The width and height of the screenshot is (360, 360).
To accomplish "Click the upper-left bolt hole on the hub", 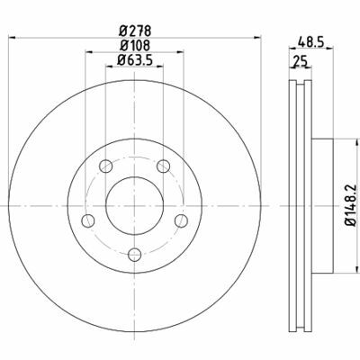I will tap(105, 166).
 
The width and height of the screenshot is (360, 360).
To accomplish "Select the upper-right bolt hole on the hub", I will tap(163, 166).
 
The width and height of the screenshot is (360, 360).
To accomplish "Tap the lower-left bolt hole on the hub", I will tap(87, 220).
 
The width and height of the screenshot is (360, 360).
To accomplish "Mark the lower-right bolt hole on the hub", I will tap(181, 220).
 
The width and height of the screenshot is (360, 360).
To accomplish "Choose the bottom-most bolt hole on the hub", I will tap(134, 255).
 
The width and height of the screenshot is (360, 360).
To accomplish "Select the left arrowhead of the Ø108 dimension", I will tap(87, 52).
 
